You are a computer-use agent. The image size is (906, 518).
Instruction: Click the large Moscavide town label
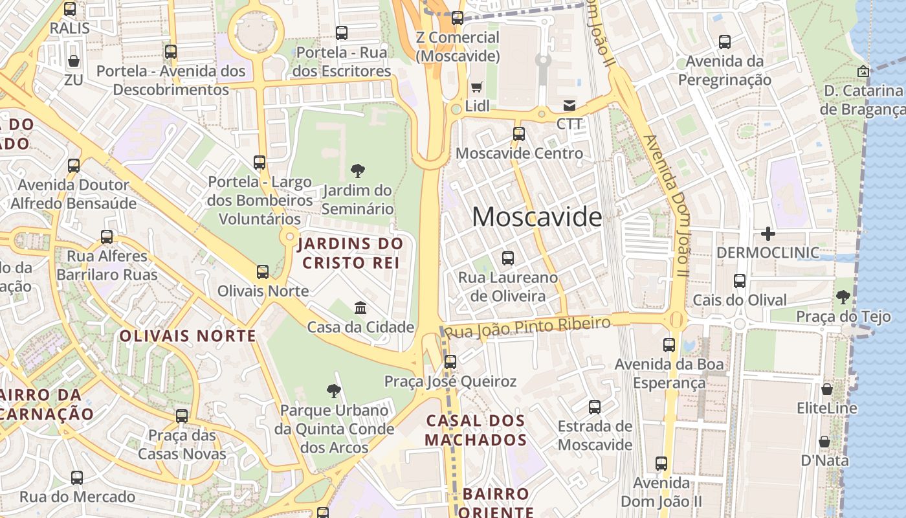click(x=536, y=217)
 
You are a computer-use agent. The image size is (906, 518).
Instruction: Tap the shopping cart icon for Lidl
click(x=477, y=87)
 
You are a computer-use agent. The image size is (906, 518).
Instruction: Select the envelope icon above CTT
click(x=569, y=105)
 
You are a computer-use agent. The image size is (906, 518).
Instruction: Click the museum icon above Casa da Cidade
click(x=360, y=308)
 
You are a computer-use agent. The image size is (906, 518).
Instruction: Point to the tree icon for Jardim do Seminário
click(x=357, y=171)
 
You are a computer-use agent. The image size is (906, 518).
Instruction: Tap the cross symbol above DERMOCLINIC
click(x=768, y=233)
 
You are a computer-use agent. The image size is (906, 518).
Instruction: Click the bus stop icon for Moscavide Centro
click(x=519, y=134)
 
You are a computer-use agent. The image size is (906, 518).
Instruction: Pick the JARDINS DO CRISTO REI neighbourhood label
click(x=350, y=253)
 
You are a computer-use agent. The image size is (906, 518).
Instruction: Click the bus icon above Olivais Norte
click(x=263, y=272)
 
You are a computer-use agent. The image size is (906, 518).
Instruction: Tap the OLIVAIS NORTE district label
click(x=188, y=336)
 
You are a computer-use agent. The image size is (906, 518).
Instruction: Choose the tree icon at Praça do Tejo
click(x=843, y=297)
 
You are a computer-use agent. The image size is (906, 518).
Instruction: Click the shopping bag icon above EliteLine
click(x=827, y=389)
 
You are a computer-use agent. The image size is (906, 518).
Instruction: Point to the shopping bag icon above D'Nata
click(x=824, y=442)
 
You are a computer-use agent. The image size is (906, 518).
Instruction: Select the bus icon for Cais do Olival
click(x=740, y=281)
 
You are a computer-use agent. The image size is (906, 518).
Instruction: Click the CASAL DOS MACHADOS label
click(x=476, y=430)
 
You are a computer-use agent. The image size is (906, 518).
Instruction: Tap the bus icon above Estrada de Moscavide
click(x=595, y=407)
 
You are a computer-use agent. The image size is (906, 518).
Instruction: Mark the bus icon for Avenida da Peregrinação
click(x=725, y=42)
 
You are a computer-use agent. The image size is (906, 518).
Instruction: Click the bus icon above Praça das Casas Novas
click(x=182, y=416)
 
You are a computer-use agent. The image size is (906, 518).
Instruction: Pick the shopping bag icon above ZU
click(x=74, y=61)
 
